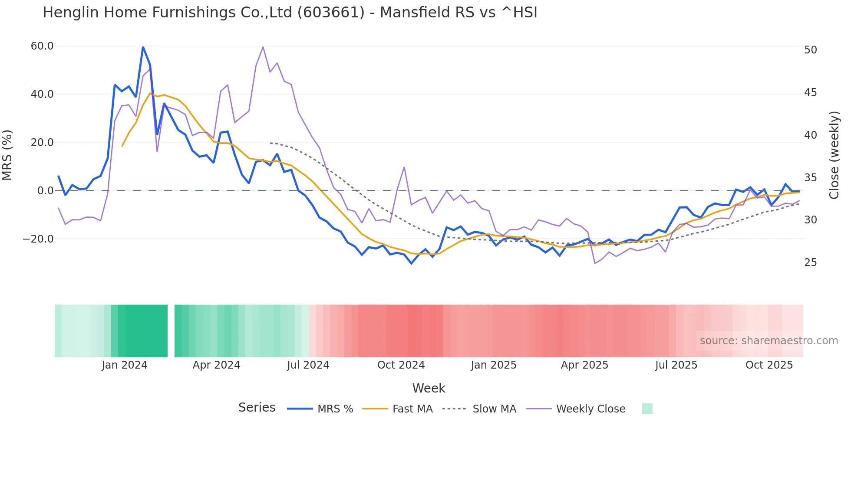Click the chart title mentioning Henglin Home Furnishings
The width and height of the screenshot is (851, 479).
[x=290, y=13]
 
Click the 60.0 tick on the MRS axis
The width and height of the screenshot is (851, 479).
[x=42, y=46]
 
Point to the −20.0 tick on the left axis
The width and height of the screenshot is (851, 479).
[x=38, y=239]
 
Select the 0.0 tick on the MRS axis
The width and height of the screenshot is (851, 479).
[x=46, y=190]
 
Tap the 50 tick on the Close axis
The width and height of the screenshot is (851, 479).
[x=810, y=50]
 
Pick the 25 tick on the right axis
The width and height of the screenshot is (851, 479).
[x=810, y=263]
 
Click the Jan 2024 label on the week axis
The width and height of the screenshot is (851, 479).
[x=125, y=365]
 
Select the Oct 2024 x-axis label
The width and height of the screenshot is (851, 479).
[x=401, y=365]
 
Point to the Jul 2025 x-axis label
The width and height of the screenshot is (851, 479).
[x=676, y=365]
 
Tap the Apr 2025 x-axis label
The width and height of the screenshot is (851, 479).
[x=584, y=365]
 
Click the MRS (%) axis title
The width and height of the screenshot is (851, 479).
[x=7, y=155]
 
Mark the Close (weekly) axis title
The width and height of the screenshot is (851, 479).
[x=834, y=155]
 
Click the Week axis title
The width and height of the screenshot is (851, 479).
[x=429, y=388]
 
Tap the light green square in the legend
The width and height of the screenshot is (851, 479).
[x=647, y=409]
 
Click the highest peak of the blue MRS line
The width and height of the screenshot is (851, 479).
[x=143, y=47]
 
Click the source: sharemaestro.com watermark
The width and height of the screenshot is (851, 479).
[x=769, y=341]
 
